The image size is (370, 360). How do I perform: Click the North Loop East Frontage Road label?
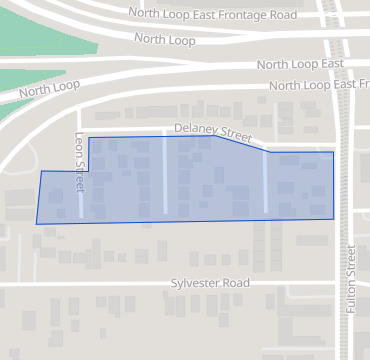coord(213,16)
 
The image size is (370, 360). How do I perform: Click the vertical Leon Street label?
coord(79,166)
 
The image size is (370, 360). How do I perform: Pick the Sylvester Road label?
coord(209,284)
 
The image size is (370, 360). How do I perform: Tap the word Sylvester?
coord(194,284)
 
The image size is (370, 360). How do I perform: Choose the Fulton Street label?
coord(351,279)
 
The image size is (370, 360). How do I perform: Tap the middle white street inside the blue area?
coord(165,175)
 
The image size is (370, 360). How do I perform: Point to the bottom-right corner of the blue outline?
coord(334,218)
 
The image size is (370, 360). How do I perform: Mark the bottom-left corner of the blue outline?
coord(37,223)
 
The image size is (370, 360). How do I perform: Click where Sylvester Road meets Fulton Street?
coord(351,285)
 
